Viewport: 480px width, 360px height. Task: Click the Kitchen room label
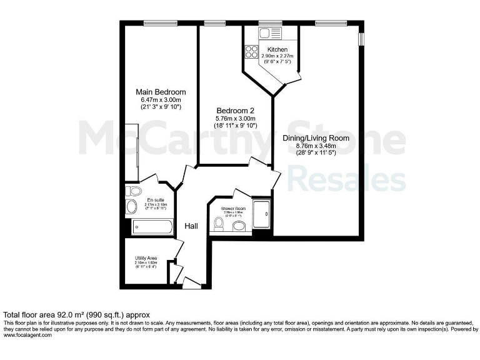point(277,49)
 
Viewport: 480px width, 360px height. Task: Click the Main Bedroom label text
point(161,92)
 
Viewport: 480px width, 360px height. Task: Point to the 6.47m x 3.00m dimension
point(161,99)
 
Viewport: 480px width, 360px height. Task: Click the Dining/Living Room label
point(316,138)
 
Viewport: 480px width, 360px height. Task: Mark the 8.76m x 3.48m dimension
point(316,146)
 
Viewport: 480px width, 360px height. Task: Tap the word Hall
point(191,226)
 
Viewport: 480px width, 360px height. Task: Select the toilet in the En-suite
point(131,207)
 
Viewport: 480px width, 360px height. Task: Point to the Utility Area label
point(146,257)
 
